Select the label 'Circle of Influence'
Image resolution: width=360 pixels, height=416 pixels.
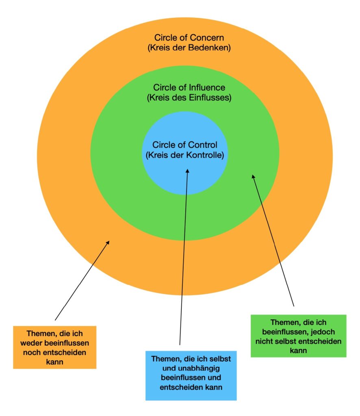(x=189, y=87)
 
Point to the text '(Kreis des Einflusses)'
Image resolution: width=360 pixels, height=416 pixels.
(x=189, y=98)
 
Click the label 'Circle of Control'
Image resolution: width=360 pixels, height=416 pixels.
(x=185, y=145)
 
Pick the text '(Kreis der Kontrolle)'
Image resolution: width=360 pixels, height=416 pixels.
(x=185, y=155)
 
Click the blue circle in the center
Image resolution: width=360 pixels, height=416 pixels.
(x=185, y=179)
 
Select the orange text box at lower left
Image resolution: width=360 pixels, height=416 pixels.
(x=54, y=347)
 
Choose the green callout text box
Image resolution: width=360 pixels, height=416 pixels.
(x=299, y=336)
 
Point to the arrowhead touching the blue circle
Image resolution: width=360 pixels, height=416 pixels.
(x=187, y=171)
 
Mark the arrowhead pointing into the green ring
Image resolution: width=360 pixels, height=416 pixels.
(x=253, y=177)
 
